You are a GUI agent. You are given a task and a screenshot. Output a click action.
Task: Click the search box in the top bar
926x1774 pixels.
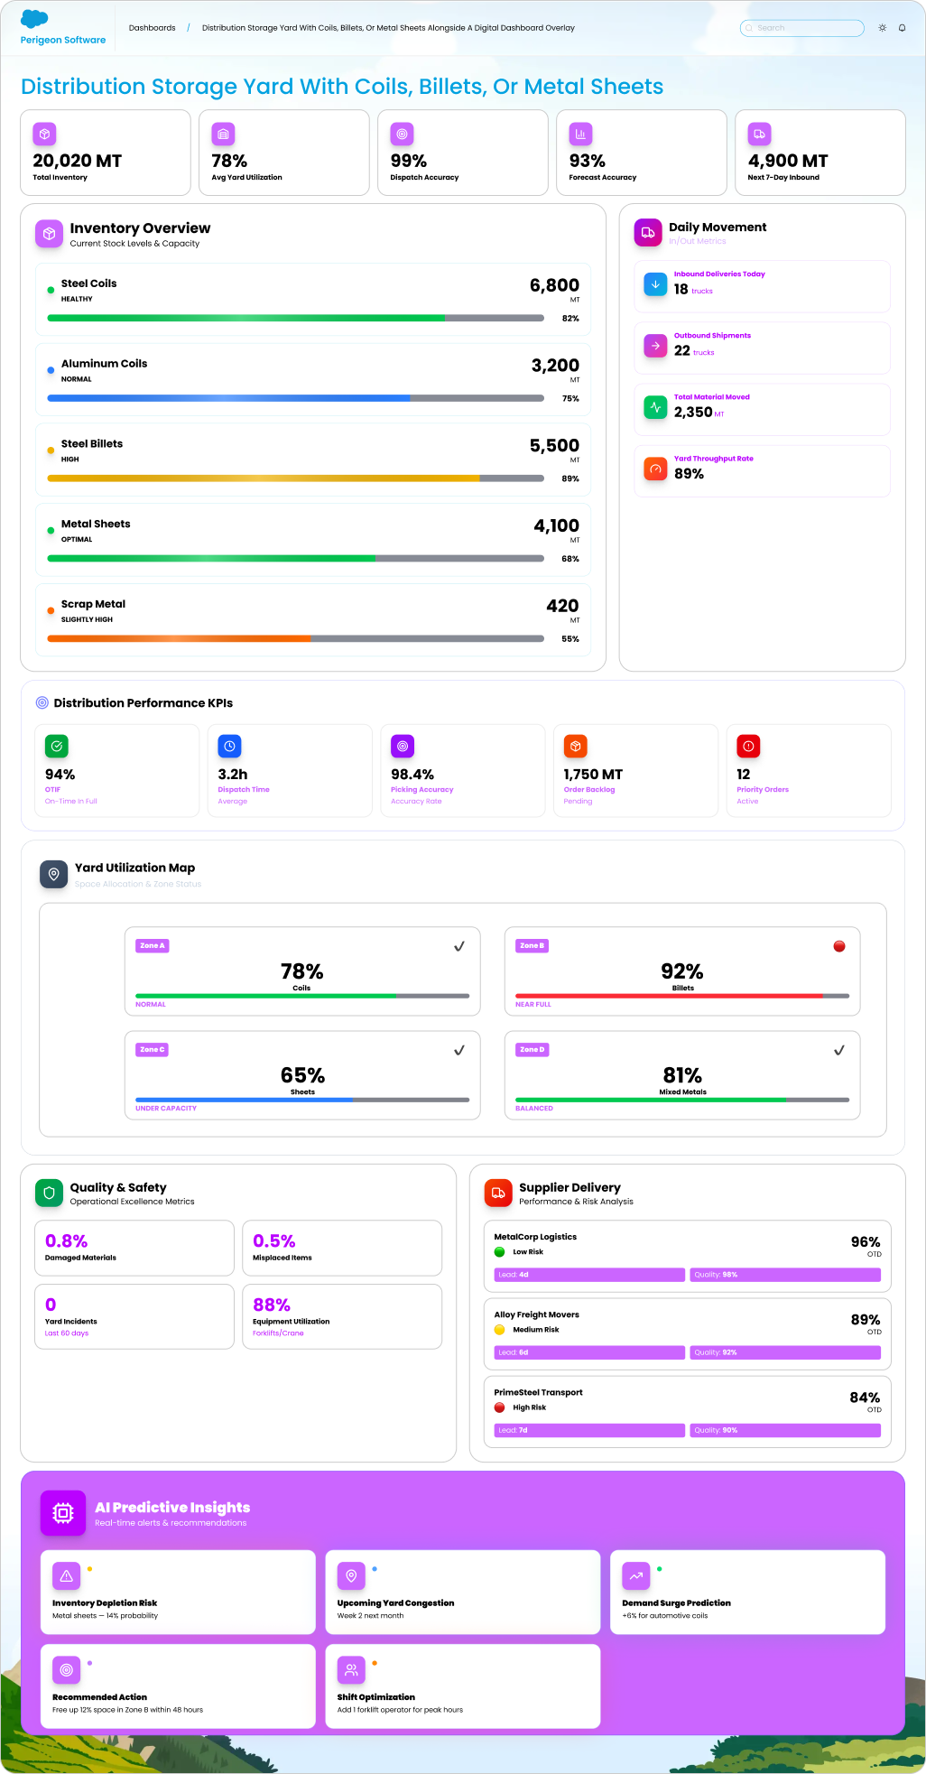801,28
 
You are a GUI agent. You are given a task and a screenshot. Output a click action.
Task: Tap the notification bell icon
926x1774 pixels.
902,28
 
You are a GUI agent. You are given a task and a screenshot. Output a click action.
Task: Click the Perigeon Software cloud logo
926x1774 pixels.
34,19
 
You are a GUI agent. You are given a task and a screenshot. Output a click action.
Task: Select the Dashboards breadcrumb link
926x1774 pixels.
153,28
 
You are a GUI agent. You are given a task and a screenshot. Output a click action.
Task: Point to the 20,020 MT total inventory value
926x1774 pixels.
77,161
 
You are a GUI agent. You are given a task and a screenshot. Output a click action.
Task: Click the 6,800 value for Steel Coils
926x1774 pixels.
554,285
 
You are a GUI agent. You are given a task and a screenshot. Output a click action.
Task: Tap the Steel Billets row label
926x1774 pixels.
92,444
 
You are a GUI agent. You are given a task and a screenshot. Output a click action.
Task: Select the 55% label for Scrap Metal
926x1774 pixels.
570,639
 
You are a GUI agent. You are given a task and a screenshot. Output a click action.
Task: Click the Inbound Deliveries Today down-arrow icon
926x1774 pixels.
656,283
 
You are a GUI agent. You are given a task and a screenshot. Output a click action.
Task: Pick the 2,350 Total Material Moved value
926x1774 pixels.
693,412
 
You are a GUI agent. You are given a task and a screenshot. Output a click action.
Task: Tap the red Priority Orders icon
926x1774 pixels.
748,747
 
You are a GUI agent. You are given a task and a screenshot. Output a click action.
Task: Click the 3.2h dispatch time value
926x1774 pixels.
233,775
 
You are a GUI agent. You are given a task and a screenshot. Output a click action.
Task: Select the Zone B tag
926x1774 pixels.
532,946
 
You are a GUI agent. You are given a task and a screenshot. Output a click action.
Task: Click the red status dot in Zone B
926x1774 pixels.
839,946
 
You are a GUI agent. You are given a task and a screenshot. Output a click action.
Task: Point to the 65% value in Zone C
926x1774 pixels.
302,1075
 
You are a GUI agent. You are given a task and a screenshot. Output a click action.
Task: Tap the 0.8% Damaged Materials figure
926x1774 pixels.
67,1241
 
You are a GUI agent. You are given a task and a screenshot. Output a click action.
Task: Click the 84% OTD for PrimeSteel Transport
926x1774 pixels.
865,1398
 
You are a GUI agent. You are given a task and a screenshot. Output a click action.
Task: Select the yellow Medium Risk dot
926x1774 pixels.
500,1330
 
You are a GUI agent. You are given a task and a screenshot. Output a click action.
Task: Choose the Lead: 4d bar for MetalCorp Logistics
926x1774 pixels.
589,1275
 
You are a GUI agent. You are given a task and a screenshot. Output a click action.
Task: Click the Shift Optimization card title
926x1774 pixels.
376,1697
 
